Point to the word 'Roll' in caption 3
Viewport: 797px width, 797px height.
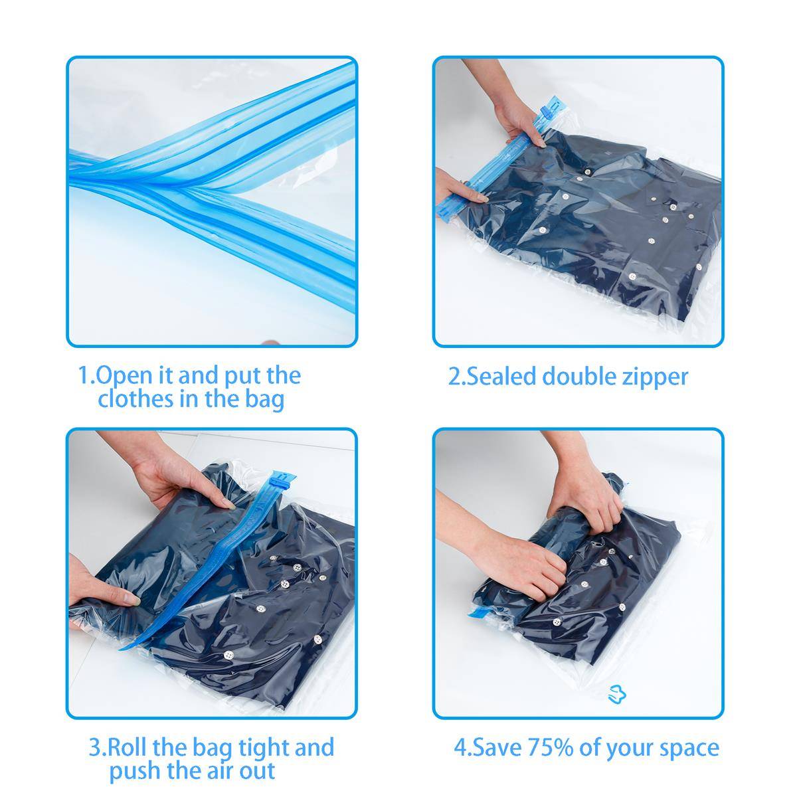point(127,748)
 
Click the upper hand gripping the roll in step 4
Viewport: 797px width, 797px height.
point(594,495)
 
